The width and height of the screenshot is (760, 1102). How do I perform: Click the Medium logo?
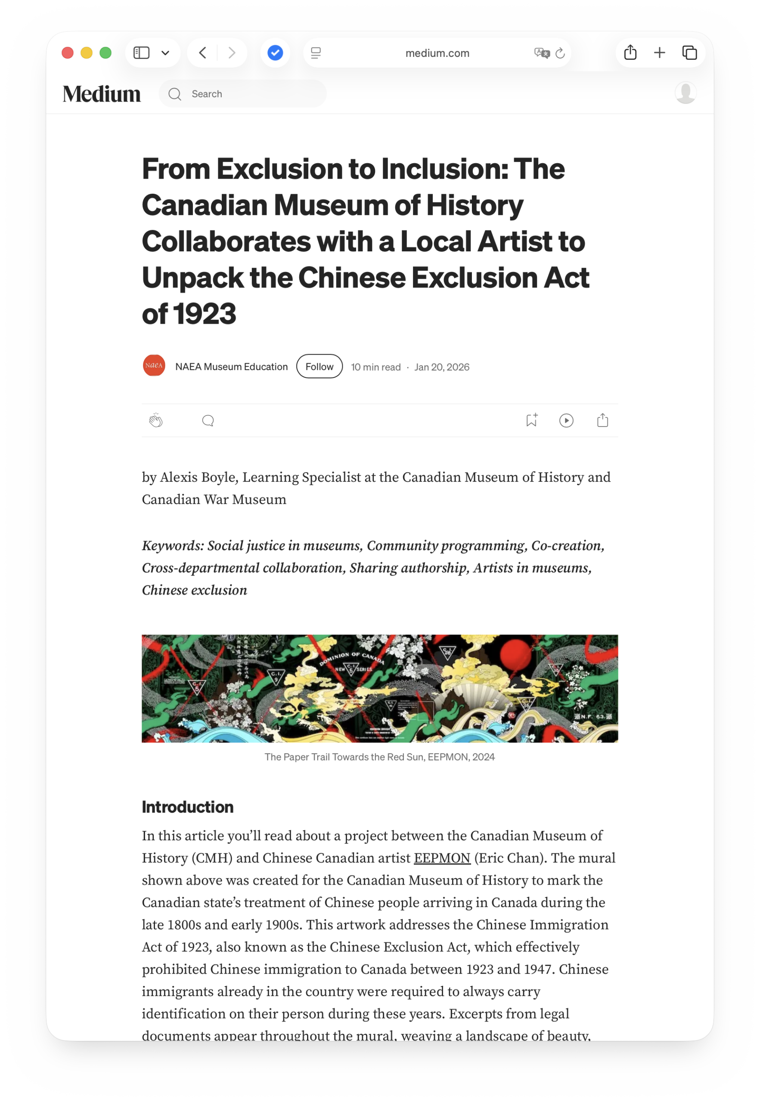coord(102,94)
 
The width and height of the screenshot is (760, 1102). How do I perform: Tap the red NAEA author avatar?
coord(154,365)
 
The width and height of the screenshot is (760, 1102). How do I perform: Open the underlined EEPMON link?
coord(442,858)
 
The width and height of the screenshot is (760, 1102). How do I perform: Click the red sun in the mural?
coord(523,653)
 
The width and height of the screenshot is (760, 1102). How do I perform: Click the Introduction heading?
coord(188,807)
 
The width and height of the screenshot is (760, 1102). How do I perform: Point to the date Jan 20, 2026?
coord(441,367)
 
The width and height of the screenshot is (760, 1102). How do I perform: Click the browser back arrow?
coord(203,53)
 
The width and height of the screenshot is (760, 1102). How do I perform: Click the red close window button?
coord(68,53)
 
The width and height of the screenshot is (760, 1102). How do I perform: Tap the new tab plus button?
coord(660,53)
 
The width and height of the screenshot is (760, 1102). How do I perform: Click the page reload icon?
coord(561,53)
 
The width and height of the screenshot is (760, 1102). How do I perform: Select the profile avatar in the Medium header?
coord(686,93)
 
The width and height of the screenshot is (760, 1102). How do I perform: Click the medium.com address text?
coord(437,53)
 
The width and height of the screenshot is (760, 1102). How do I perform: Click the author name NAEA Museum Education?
coord(231,366)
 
